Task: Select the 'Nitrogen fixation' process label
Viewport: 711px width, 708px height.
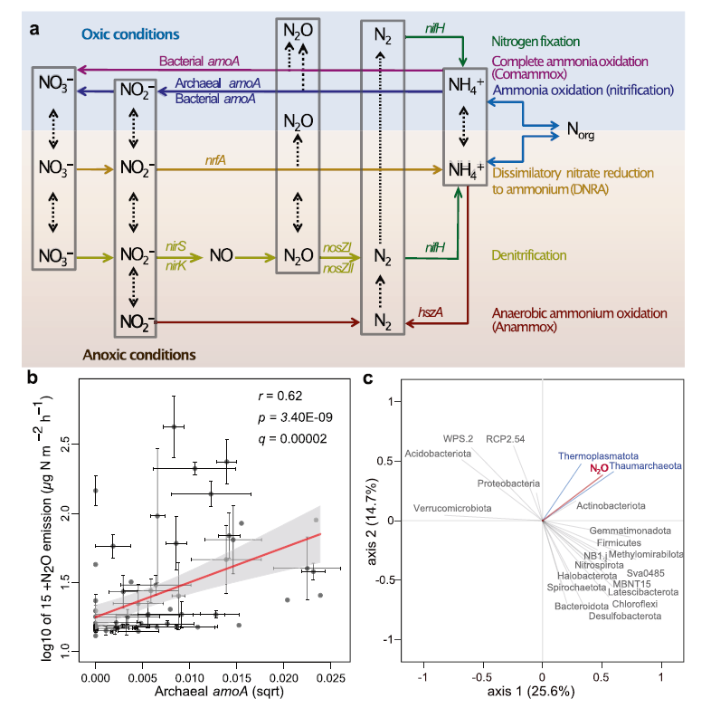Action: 536,42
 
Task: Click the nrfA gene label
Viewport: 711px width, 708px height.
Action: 215,160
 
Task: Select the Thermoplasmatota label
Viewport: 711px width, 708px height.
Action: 598,456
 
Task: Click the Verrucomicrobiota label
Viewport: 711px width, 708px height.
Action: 452,508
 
